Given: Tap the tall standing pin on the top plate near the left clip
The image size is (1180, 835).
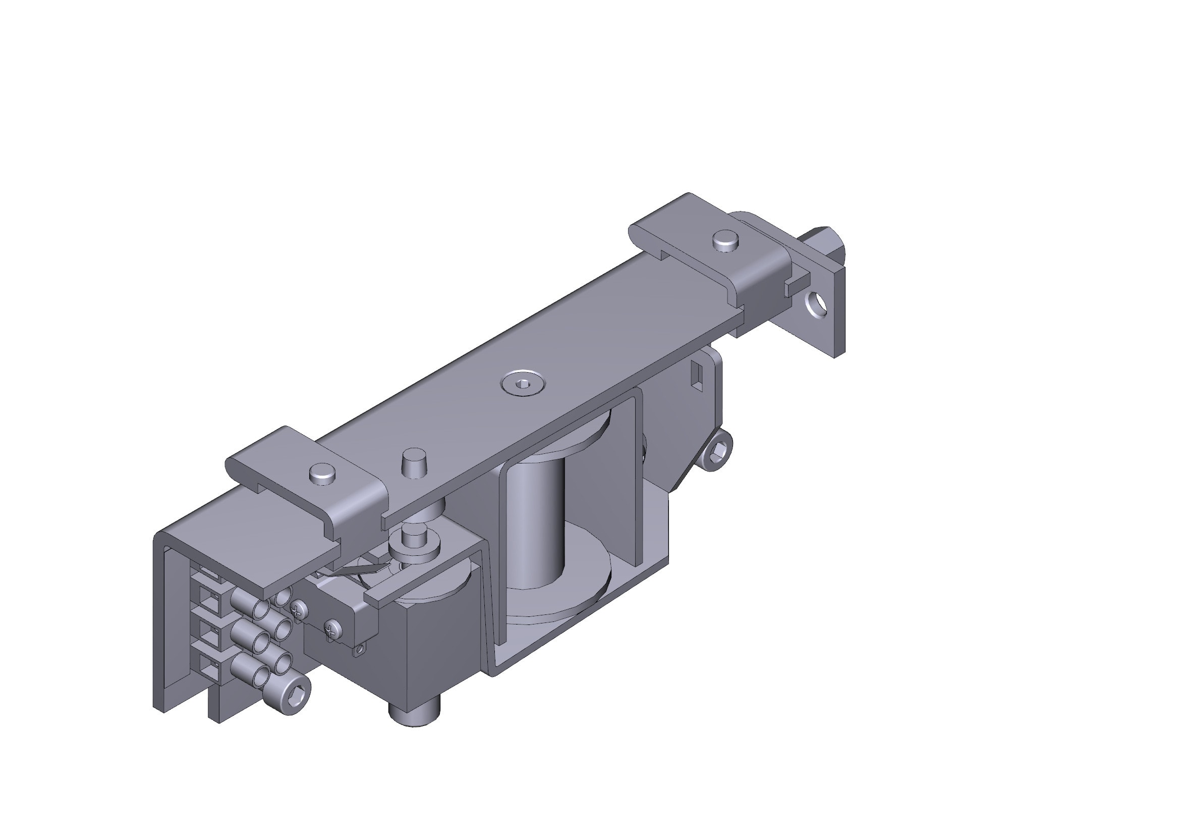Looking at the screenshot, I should (x=414, y=462).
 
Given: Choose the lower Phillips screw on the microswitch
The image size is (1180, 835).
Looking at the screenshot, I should (x=332, y=629).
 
